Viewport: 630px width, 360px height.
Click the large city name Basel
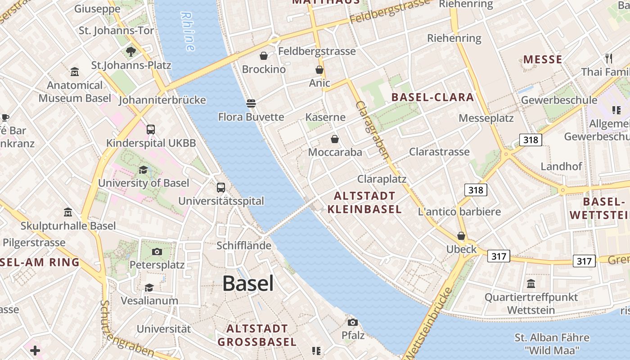(x=248, y=283)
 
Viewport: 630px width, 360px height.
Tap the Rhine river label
(x=188, y=31)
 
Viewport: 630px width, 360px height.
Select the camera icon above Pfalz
(x=353, y=322)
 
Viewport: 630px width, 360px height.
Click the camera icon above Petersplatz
(x=157, y=252)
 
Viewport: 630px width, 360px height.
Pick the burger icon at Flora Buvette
(x=251, y=103)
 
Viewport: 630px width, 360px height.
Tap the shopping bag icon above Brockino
(x=264, y=56)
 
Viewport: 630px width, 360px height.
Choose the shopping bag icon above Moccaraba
(x=334, y=139)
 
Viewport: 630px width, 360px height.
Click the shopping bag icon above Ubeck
(x=461, y=236)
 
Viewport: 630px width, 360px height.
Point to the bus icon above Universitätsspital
(x=221, y=187)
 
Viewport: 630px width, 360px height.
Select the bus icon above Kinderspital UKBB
(x=151, y=130)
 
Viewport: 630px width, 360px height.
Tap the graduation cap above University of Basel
(x=143, y=170)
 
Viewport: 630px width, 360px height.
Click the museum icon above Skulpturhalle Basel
(x=68, y=212)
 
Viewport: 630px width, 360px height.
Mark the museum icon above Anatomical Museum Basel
(x=75, y=72)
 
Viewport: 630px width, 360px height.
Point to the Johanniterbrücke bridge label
(x=162, y=100)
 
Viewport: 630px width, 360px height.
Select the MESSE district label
(x=543, y=59)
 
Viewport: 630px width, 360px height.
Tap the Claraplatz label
(x=382, y=179)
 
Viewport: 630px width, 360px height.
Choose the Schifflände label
(x=244, y=246)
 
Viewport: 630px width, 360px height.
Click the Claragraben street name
(x=372, y=130)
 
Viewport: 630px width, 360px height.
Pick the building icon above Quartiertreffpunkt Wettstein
(x=531, y=284)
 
